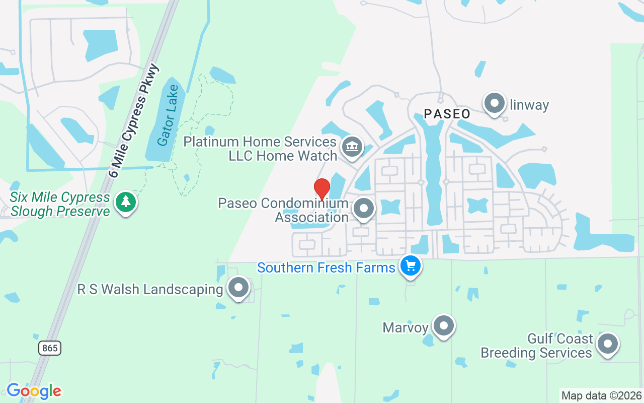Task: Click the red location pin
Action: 322,189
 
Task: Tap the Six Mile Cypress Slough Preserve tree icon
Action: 126,202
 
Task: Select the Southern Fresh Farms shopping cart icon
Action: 411,265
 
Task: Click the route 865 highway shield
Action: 50,348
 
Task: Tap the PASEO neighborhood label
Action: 447,114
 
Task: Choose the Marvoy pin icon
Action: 444,326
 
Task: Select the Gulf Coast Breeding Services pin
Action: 607,344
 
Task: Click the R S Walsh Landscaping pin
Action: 238,288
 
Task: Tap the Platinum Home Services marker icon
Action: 352,147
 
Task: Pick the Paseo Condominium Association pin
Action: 363,208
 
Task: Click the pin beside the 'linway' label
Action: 494,103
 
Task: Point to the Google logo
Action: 34,390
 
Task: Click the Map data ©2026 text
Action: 602,395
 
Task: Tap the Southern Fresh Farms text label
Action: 326,267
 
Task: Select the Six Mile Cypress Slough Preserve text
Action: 60,204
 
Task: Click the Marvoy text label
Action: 406,327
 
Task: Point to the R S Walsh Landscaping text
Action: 150,289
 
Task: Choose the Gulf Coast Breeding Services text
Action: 536,346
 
